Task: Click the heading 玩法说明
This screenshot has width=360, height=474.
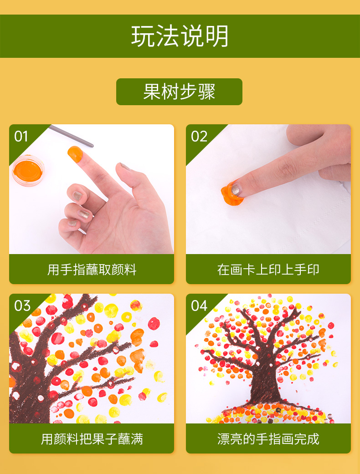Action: [x=180, y=36]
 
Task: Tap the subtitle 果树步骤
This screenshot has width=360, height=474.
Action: [x=179, y=92]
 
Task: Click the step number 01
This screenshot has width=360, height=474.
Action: [x=21, y=136]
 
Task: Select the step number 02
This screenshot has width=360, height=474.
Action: [x=199, y=136]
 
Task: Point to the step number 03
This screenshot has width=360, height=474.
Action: [x=22, y=306]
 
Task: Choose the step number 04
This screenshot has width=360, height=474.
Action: [x=199, y=306]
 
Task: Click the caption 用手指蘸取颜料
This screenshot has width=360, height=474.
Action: [x=92, y=270]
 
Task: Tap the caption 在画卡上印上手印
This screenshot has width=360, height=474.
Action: [x=268, y=270]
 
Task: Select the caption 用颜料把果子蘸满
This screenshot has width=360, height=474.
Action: [x=92, y=439]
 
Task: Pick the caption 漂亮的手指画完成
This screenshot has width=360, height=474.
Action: [x=268, y=439]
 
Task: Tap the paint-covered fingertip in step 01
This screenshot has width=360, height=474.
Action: [x=75, y=153]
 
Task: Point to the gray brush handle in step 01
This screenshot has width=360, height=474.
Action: [x=71, y=136]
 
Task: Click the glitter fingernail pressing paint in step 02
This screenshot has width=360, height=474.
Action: [x=235, y=189]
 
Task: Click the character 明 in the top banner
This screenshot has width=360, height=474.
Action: [x=217, y=36]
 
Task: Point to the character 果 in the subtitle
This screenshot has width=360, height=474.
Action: [x=152, y=92]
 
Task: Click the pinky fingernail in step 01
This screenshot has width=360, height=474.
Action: [x=72, y=224]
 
